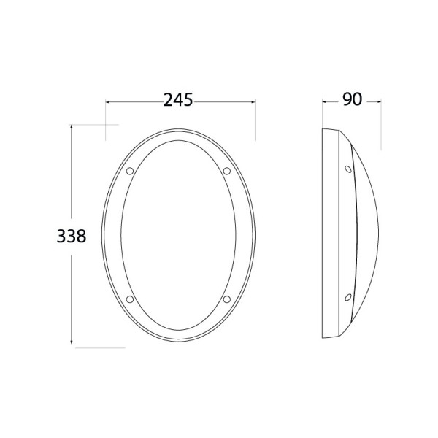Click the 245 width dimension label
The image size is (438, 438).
(178, 100)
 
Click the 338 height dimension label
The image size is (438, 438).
(72, 236)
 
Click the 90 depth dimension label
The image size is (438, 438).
(353, 99)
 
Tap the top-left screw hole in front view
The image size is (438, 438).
(130, 171)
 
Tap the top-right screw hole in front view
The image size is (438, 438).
(227, 171)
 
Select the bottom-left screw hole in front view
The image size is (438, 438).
(130, 299)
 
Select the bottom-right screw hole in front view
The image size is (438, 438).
(227, 299)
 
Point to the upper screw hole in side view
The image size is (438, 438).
(348, 169)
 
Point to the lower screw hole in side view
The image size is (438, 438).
(348, 297)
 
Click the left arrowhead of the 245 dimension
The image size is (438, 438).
(107, 102)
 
